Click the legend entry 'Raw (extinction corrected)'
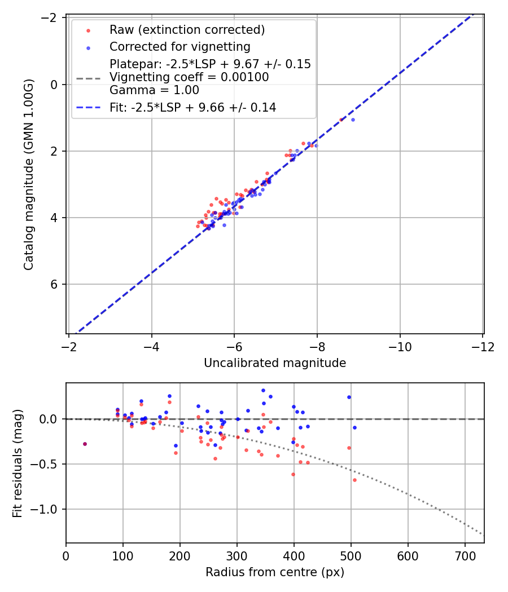[187, 29]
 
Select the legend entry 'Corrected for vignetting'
[179, 46]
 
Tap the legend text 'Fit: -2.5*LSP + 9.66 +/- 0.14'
[192, 107]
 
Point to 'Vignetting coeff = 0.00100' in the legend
[189, 77]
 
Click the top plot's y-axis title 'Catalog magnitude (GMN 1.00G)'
[29, 175]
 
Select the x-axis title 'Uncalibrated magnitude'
[275, 363]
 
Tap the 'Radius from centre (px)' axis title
[275, 572]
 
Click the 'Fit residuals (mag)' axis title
[17, 463]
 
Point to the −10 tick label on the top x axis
[400, 346]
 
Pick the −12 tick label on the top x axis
[483, 346]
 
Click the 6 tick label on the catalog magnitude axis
[55, 284]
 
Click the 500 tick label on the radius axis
[351, 555]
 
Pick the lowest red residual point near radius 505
[354, 480]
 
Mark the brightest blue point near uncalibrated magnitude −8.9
[353, 120]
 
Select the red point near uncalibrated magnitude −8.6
[341, 120]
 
